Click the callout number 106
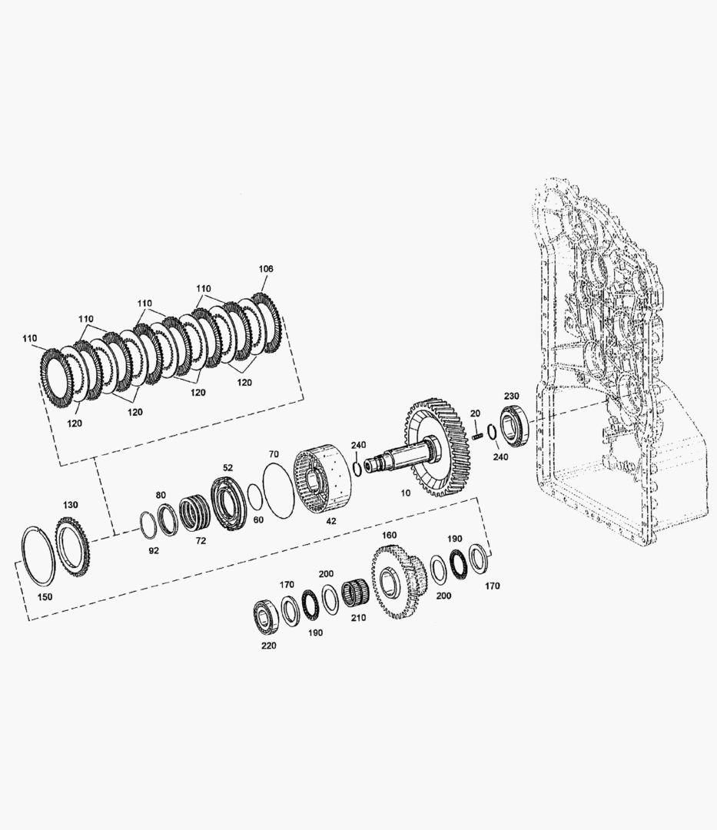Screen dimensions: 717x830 [266, 268]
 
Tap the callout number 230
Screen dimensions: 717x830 [511, 396]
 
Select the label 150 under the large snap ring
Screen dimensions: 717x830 [45, 596]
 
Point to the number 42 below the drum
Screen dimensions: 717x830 [330, 521]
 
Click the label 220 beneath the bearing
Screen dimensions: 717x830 [268, 646]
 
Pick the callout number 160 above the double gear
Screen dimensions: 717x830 [389, 535]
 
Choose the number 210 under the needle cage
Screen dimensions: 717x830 [358, 617]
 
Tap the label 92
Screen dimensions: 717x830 [154, 550]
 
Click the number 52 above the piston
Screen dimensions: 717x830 [227, 467]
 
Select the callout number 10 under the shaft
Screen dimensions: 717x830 [405, 493]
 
